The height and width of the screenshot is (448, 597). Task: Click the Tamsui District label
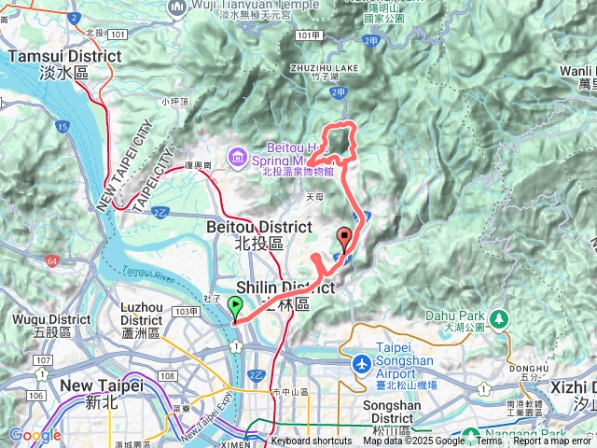(64, 63)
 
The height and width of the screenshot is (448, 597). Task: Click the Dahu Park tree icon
(499, 320)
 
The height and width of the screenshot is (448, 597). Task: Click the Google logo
(35, 435)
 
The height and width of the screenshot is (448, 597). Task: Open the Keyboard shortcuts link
(312, 441)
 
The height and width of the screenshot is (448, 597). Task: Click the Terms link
(489, 441)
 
